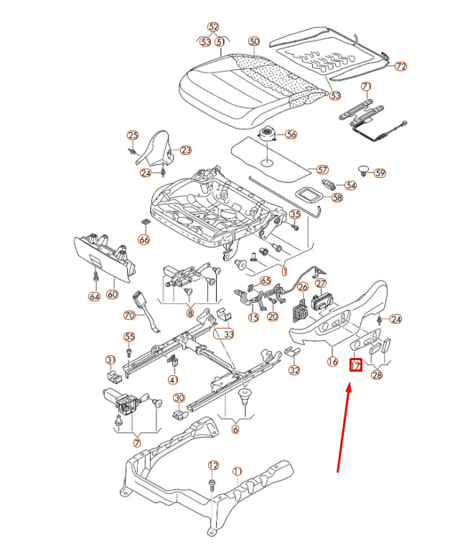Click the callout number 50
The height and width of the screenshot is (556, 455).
(253, 42)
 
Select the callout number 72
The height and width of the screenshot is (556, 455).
(400, 66)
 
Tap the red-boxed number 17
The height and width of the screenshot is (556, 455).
(355, 364)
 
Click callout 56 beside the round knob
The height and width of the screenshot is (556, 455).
(290, 134)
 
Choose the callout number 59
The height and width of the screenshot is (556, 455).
(380, 173)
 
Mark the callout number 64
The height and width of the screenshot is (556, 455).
(94, 296)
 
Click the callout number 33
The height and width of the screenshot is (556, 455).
(228, 334)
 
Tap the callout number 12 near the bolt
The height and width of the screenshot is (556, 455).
(213, 466)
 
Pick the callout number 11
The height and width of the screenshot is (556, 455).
(237, 471)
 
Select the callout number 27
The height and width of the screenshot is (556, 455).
(320, 284)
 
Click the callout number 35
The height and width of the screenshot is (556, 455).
(294, 215)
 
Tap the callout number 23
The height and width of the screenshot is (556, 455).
(185, 150)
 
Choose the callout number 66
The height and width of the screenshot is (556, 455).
(144, 239)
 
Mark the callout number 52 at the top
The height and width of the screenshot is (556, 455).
(213, 27)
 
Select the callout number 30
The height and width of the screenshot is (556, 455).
(179, 398)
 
